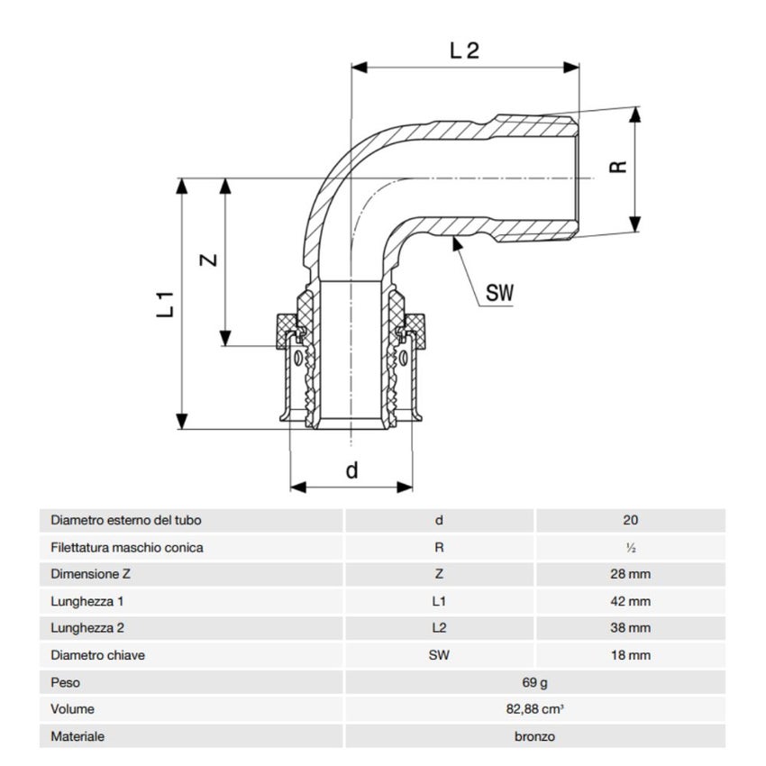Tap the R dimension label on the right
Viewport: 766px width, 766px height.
point(617,169)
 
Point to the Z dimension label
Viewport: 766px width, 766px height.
point(207,260)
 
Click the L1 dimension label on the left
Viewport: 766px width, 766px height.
point(164,304)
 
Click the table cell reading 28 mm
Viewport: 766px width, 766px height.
point(630,574)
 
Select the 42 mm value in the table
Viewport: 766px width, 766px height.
point(630,601)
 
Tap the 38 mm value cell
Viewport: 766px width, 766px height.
point(630,628)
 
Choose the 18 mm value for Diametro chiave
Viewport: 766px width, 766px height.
point(630,655)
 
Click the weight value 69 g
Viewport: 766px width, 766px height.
point(534,682)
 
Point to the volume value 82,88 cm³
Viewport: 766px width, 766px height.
point(534,709)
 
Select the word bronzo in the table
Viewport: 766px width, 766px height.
point(534,736)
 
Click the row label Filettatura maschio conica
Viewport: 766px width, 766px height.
point(127,547)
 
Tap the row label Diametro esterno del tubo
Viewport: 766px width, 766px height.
point(126,520)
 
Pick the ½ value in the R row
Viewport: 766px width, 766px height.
point(630,547)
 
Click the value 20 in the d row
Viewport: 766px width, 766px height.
point(630,520)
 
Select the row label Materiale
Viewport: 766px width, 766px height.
point(78,736)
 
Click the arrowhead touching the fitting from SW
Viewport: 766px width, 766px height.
point(457,245)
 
